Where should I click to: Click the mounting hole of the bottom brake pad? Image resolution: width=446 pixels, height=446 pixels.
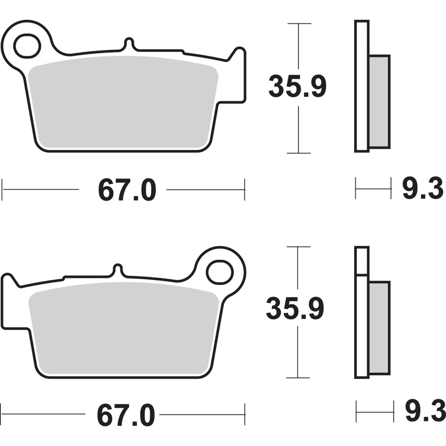[219, 272]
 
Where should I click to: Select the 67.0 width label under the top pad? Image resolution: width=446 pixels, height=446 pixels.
[127, 191]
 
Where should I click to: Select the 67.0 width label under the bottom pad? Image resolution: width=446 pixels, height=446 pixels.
[126, 416]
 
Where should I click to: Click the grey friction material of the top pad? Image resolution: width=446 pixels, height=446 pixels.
[123, 102]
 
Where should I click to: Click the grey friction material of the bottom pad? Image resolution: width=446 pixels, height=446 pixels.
[123, 327]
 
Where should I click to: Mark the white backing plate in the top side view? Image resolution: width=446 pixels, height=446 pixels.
[362, 86]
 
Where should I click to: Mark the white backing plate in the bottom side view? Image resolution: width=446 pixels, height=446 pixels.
[362, 324]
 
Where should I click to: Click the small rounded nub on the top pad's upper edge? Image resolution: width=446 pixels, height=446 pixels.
[129, 43]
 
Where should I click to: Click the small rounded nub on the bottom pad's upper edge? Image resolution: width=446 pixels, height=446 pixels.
[118, 269]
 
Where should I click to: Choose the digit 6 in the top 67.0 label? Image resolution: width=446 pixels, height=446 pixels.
[106, 191]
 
